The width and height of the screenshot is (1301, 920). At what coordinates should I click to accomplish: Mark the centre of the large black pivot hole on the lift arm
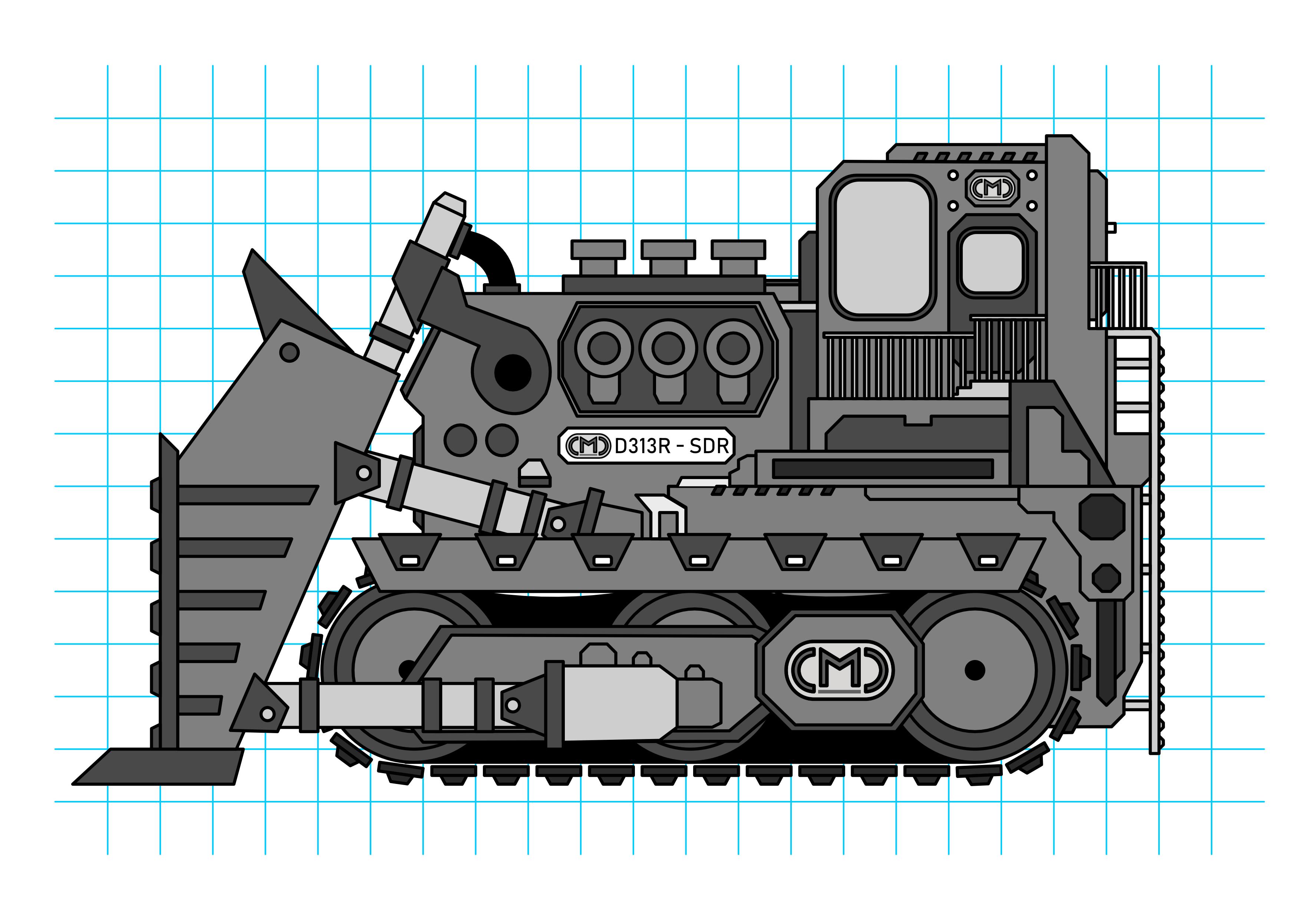click(x=513, y=373)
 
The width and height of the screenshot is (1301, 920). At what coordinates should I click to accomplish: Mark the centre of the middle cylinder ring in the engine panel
click(x=669, y=347)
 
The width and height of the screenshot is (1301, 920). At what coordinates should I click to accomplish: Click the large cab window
click(x=883, y=248)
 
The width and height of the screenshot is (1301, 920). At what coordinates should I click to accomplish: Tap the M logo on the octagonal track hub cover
click(x=839, y=670)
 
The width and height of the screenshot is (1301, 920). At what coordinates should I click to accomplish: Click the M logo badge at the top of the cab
click(x=992, y=188)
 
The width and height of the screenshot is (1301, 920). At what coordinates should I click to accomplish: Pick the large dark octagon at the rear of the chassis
click(x=1101, y=517)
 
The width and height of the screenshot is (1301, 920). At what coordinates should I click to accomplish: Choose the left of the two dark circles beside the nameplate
click(x=460, y=440)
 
